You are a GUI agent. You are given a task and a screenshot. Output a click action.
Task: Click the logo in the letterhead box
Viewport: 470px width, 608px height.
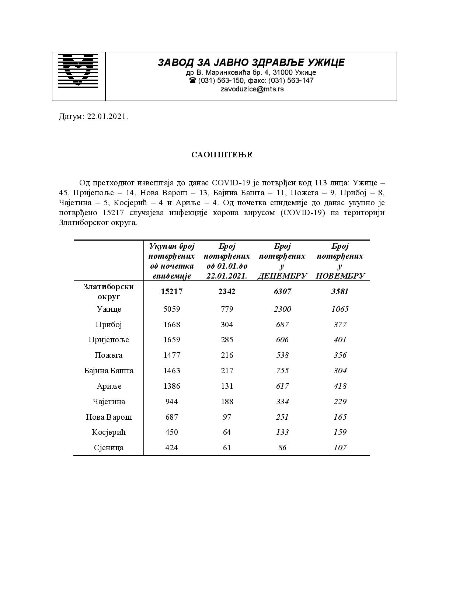point(78,71)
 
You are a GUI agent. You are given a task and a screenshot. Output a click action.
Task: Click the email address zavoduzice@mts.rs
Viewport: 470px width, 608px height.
point(252,89)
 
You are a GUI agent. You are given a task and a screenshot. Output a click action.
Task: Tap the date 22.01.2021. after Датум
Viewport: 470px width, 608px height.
point(108,117)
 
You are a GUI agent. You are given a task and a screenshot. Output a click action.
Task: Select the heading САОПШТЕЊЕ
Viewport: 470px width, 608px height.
point(222,155)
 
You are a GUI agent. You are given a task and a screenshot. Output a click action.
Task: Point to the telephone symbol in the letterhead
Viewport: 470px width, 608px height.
point(192,80)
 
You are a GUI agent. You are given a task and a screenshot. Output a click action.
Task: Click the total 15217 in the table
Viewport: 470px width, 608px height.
point(171,291)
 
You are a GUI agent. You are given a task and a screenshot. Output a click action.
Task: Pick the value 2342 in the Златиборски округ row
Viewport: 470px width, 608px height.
point(227,291)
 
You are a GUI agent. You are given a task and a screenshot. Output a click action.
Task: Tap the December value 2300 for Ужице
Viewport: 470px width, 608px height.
point(282,309)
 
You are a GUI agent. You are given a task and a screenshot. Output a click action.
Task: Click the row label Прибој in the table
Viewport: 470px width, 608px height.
point(108,325)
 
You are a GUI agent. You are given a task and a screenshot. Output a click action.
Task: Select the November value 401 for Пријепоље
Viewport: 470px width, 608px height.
point(340,340)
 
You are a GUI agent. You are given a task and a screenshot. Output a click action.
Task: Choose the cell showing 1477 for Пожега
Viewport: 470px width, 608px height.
point(171,355)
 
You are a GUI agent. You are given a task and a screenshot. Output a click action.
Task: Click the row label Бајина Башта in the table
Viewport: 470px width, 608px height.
point(109,371)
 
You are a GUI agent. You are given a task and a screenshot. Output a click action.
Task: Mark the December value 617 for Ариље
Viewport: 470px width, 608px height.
point(282,386)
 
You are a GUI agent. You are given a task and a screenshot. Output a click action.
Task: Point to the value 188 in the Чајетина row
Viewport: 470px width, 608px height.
point(227,402)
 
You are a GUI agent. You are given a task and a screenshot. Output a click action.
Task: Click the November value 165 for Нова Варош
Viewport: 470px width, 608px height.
point(340,417)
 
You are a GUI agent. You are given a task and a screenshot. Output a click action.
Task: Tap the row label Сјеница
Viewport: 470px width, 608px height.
point(108,448)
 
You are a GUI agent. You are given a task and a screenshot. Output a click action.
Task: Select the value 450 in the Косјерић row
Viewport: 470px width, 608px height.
point(171,432)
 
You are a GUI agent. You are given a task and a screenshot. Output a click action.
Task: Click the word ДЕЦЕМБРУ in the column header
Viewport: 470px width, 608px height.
point(282,276)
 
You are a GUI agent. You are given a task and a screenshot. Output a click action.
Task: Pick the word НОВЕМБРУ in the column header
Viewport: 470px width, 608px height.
point(340,276)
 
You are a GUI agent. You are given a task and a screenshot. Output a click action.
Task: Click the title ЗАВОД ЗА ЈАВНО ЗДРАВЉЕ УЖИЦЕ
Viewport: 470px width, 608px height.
point(251,63)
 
